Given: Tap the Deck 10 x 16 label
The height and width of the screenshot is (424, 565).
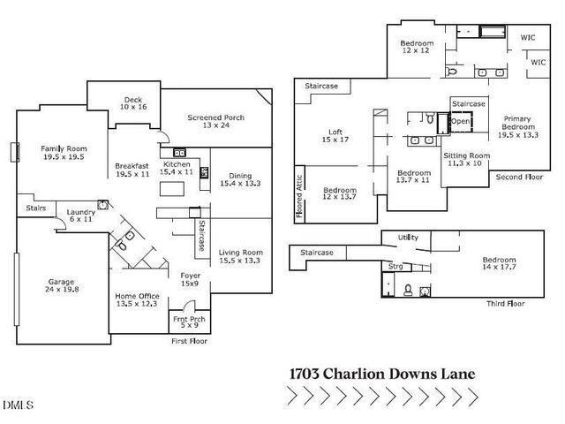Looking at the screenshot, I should tap(132, 102).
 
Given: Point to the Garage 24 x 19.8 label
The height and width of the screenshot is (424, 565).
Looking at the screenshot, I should tap(62, 286).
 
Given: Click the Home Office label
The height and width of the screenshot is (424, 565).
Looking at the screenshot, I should tap(136, 299).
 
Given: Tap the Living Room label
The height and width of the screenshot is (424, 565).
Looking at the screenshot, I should tap(240, 256).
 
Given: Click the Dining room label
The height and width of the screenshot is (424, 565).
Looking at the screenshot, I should tap(240, 179).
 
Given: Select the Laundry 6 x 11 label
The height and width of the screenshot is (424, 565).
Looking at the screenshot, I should tap(81, 216).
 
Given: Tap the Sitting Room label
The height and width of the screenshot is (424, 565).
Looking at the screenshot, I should tap(464, 158).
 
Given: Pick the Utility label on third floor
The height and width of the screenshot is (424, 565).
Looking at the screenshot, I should tap(407, 238).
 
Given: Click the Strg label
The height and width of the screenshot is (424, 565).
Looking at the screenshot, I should tap(395, 264).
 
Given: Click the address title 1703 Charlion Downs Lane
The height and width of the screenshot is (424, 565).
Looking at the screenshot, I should tap(381, 374).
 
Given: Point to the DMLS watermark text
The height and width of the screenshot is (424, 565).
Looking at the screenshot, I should tap(18, 405).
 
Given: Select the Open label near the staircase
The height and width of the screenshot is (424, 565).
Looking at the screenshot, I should tap(460, 122).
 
